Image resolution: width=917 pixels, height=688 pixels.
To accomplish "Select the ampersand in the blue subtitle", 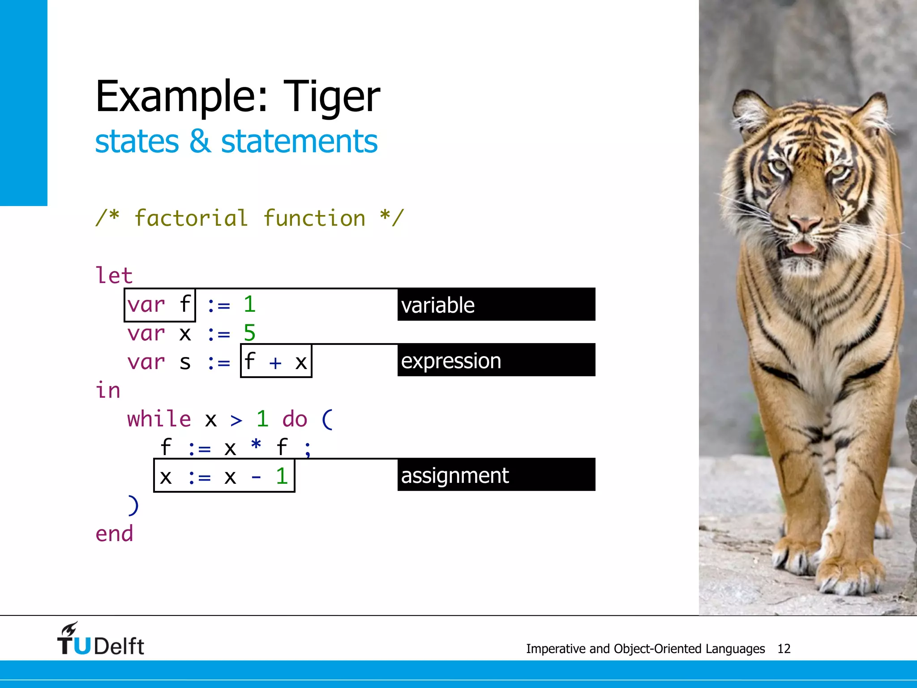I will click(x=200, y=142).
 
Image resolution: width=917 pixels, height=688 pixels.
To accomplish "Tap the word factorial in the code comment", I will click(x=191, y=219).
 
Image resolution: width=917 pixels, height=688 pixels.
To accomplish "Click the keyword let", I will click(x=114, y=275).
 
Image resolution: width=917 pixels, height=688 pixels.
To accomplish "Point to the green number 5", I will click(x=249, y=333).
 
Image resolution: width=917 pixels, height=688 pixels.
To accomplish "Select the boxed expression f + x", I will click(x=276, y=361).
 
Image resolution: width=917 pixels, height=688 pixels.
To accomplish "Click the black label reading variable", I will click(x=496, y=305).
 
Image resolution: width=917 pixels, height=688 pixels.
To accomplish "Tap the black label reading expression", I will click(x=496, y=360).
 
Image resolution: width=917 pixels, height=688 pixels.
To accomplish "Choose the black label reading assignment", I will click(x=496, y=475).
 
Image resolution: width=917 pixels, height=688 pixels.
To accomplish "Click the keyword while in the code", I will click(x=159, y=419).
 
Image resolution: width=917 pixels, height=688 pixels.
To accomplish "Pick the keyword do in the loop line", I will click(x=295, y=419).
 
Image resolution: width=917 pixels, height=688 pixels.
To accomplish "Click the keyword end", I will click(x=114, y=533).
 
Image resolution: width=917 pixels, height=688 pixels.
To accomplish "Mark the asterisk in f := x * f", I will click(x=256, y=446).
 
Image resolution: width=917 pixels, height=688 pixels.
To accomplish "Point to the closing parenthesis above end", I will click(x=133, y=505).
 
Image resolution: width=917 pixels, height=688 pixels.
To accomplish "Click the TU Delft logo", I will click(x=101, y=640).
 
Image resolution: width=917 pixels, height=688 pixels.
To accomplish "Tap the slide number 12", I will click(x=784, y=649).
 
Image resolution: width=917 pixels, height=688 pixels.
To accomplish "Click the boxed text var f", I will click(x=160, y=305).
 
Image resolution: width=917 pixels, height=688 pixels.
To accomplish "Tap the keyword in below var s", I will click(x=108, y=391).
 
